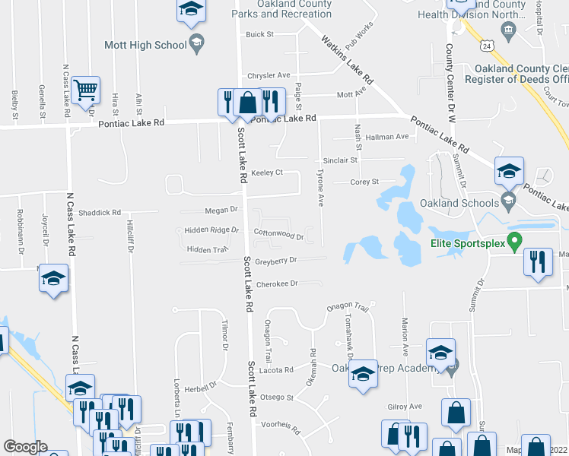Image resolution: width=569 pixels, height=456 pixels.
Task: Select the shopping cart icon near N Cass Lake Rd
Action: click(86, 90)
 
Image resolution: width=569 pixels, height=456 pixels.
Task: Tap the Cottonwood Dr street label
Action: click(278, 236)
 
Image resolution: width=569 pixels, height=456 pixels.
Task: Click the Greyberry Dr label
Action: click(275, 260)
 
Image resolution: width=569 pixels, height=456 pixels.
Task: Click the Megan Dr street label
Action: click(221, 209)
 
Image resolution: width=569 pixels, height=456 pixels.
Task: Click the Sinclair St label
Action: click(339, 160)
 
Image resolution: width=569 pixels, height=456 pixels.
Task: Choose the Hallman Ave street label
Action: click(386, 137)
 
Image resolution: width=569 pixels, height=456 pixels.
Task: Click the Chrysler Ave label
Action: click(269, 75)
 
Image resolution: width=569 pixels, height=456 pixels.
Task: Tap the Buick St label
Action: click(259, 34)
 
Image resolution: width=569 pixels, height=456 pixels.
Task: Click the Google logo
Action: click(25, 447)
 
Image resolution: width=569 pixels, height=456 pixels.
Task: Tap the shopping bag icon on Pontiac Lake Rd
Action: click(248, 101)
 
